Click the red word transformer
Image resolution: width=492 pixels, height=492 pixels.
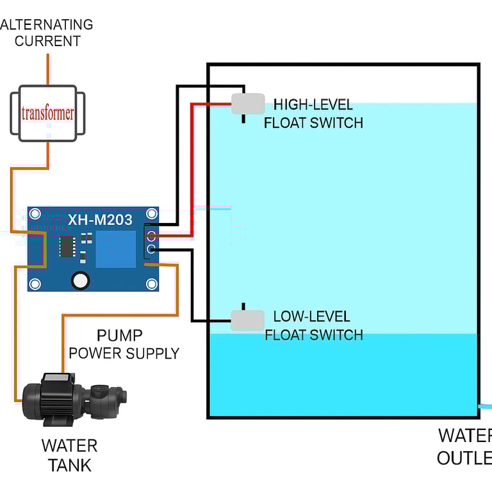point(47,114)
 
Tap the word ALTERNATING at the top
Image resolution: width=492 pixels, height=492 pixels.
point(47,25)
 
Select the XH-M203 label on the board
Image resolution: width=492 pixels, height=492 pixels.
point(100,220)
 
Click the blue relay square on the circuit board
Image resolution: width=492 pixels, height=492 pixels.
point(115,249)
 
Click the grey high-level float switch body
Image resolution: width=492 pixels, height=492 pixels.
point(248,104)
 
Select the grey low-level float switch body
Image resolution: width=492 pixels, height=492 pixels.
point(247,320)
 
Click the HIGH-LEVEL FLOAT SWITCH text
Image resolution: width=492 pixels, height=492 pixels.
point(313,113)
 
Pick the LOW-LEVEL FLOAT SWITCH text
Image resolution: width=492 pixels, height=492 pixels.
point(313,325)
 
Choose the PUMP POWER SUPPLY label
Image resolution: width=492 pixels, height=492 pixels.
point(123,344)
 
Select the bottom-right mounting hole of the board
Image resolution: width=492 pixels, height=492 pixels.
point(152,284)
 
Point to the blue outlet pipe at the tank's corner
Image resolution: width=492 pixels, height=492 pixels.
point(486,407)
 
